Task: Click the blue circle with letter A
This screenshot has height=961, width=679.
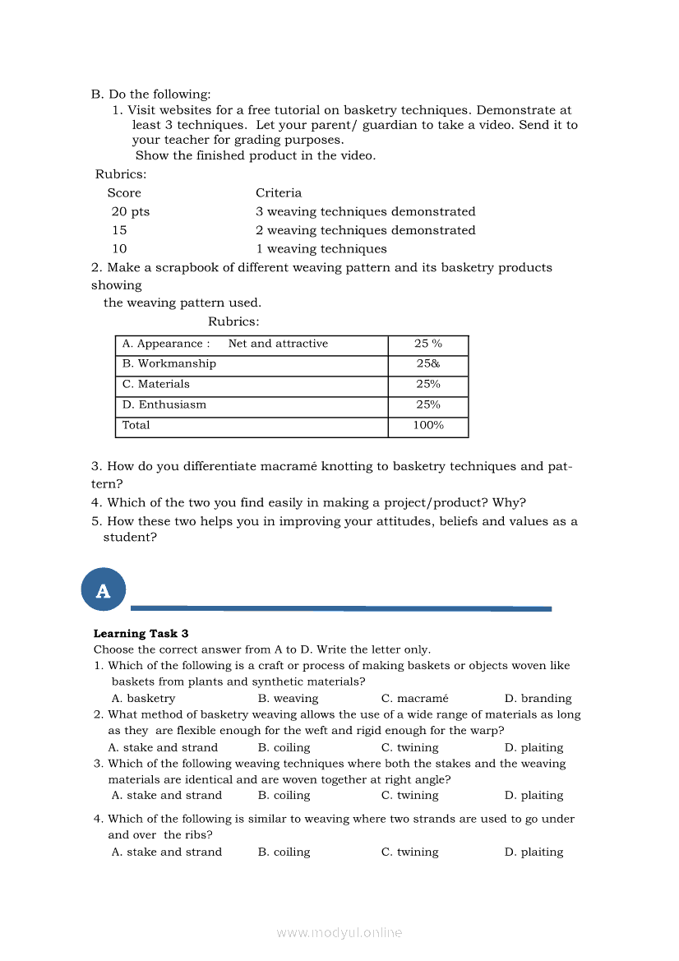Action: pos(103,589)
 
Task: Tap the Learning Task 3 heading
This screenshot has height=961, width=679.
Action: pos(141,633)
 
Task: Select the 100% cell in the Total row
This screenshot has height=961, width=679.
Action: pos(427,426)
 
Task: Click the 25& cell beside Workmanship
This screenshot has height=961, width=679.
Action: pos(427,364)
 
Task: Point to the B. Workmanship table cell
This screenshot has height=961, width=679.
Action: pos(169,364)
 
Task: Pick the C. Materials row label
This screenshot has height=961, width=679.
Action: pos(155,384)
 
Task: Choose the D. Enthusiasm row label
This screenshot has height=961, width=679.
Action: pos(164,404)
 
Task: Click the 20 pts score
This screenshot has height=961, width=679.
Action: pos(131,211)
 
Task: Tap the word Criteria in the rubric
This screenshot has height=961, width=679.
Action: pos(279,192)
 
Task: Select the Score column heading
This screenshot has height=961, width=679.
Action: pos(124,192)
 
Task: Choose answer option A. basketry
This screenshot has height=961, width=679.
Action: pos(143,698)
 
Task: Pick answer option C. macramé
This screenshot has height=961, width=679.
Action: pos(414,698)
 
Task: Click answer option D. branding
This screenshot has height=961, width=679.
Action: pos(538,698)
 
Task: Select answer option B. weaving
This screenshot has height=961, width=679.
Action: pos(288,698)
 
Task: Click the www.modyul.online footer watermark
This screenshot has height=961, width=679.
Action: pos(339,932)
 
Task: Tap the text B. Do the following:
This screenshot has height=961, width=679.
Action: pos(150,95)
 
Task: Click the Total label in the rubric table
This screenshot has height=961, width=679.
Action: pos(136,426)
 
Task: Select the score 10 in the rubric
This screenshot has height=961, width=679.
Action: pos(120,248)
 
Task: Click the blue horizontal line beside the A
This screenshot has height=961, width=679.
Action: pos(340,608)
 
